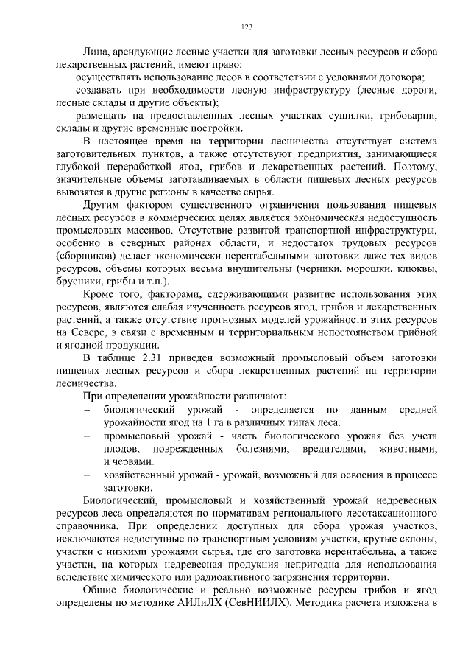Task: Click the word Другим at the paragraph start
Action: (x=101, y=204)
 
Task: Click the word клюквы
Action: (x=403, y=269)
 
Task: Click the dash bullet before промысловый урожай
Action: (x=88, y=436)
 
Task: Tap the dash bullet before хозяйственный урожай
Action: (x=88, y=475)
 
